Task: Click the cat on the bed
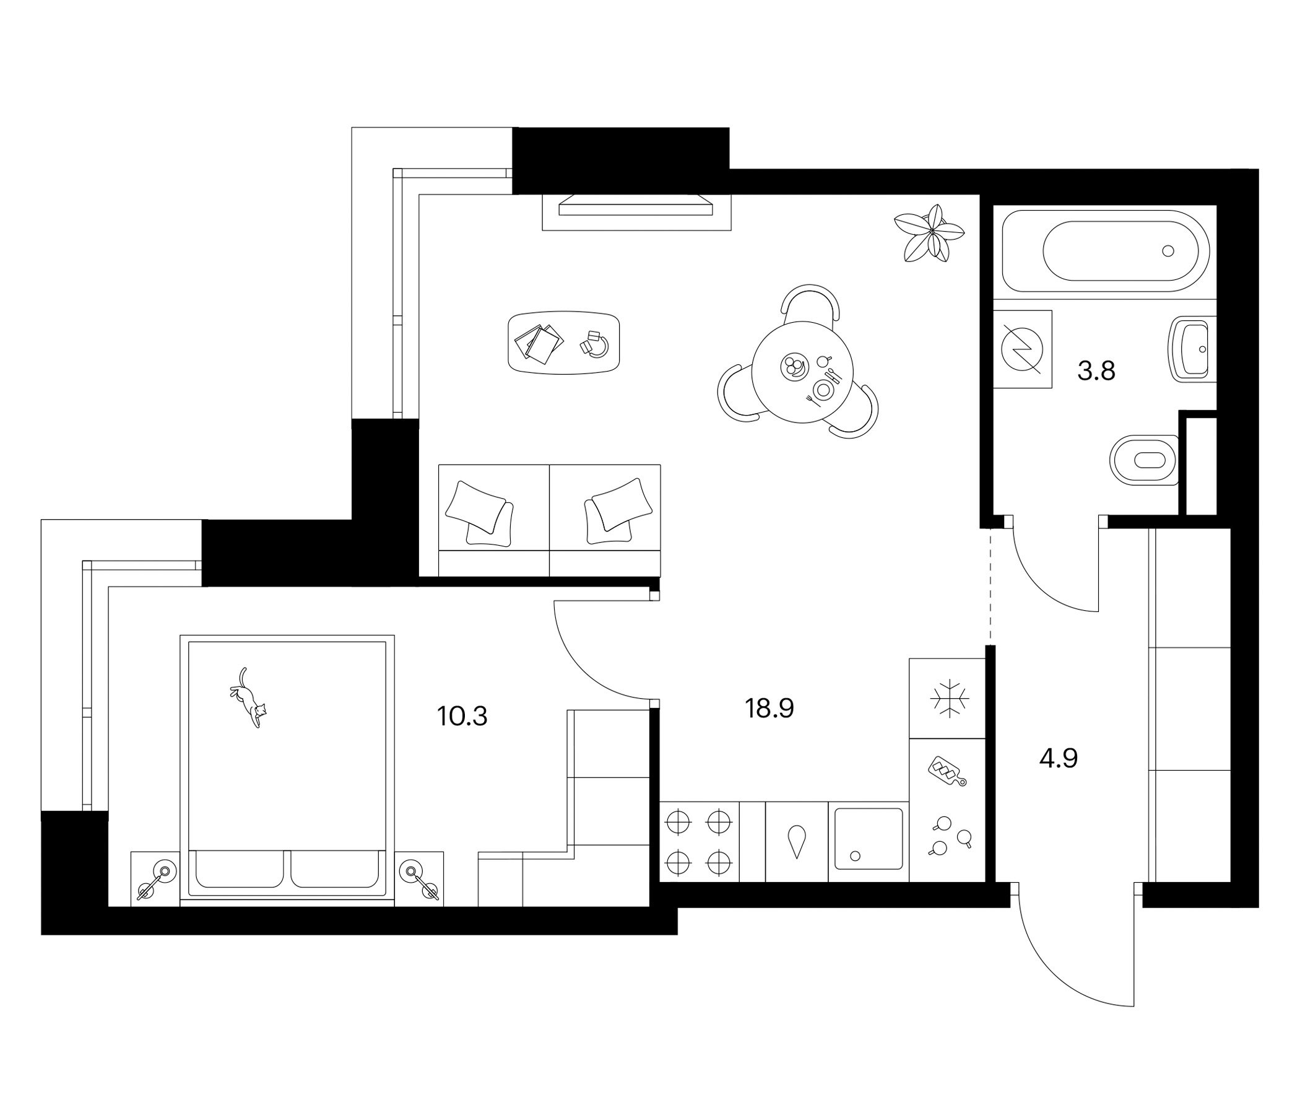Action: pyautogui.click(x=248, y=697)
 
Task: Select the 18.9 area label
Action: pyautogui.click(x=769, y=709)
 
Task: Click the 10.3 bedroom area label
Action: pyautogui.click(x=462, y=716)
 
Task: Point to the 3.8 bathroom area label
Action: pyautogui.click(x=1096, y=371)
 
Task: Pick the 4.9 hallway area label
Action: pyautogui.click(x=1059, y=759)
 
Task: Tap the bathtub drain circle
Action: pyautogui.click(x=1168, y=250)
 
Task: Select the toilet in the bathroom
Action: pyautogui.click(x=1144, y=460)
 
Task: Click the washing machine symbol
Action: pyautogui.click(x=1022, y=349)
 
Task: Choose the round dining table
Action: pyautogui.click(x=802, y=372)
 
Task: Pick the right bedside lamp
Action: pyautogui.click(x=420, y=880)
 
